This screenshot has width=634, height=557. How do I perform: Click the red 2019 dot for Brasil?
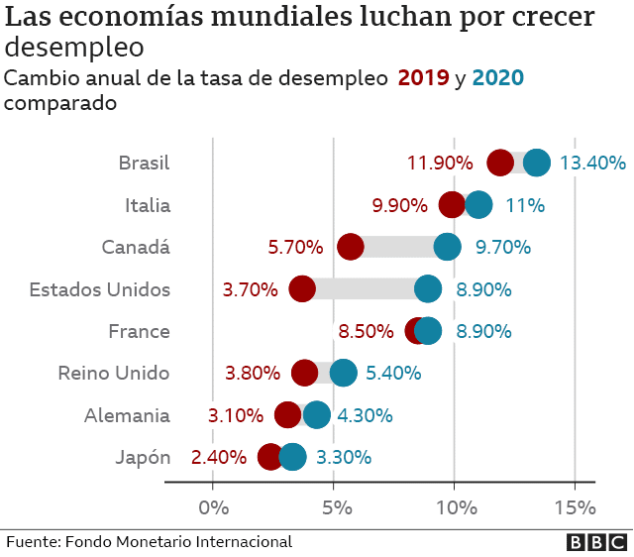(x=501, y=164)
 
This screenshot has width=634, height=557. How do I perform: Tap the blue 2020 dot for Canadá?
(x=448, y=247)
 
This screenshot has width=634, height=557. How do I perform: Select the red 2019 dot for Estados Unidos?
(x=302, y=289)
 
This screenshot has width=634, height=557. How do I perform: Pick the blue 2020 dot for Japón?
(x=293, y=457)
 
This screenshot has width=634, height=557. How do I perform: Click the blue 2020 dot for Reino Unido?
(x=343, y=374)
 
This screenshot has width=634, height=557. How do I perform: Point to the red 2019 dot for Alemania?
(x=288, y=415)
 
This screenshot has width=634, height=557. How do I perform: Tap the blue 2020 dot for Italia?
(x=478, y=205)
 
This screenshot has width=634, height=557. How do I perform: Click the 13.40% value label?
(x=592, y=164)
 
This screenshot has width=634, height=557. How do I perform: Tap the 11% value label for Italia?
(x=525, y=205)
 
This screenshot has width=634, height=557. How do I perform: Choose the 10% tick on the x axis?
(x=455, y=507)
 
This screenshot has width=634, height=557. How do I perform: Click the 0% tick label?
(x=213, y=507)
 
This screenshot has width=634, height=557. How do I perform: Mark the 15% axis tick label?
(x=576, y=507)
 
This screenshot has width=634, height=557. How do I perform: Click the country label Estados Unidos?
(x=100, y=289)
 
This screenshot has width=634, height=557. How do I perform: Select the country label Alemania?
(x=128, y=415)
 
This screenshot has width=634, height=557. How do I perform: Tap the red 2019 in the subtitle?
(x=423, y=78)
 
